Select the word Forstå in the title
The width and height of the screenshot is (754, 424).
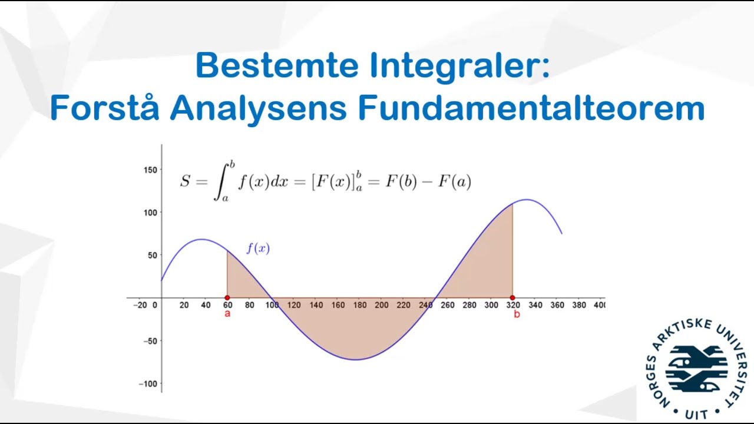104,108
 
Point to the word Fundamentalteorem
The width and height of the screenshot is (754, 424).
531,108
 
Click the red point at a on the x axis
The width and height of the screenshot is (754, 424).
227,298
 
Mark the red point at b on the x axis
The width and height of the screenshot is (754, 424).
512,298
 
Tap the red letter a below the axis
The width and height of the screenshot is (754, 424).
227,314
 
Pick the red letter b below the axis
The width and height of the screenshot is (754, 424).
517,314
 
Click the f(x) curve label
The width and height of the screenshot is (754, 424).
258,249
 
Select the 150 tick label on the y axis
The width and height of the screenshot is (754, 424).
150,170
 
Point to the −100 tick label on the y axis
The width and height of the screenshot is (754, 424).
148,384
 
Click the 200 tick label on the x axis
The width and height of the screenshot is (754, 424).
381,305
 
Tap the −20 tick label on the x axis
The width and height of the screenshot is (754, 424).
140,305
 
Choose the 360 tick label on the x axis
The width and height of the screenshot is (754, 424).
557,305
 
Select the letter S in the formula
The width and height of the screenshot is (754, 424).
185,181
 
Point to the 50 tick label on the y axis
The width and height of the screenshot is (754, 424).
153,255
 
